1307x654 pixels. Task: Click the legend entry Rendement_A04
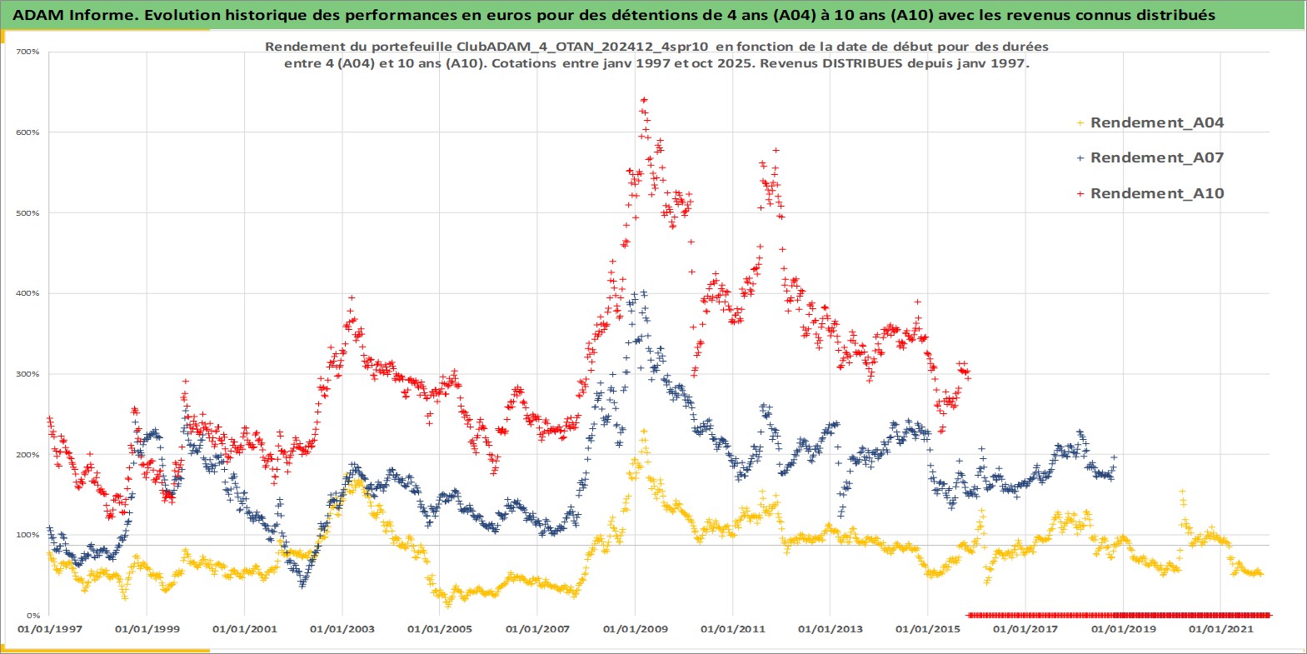pos(1156,122)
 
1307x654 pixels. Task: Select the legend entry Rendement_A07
pos(1156,157)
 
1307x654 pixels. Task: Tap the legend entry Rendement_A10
pos(1156,193)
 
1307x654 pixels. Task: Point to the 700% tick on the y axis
pos(28,52)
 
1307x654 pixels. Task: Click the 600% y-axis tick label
pos(28,132)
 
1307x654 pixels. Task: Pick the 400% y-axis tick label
pos(28,293)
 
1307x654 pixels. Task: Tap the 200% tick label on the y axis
pos(28,455)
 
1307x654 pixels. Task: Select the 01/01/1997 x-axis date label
pos(50,629)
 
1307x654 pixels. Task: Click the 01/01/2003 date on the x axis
pos(342,629)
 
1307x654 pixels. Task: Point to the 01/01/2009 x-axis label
pos(636,629)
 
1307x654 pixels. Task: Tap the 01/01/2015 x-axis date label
pos(928,629)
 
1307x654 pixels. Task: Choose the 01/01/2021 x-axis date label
pos(1220,629)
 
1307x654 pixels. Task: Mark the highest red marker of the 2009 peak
pos(643,100)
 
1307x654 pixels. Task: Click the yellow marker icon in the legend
pos(1080,123)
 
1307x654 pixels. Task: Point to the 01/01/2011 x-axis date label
pos(733,629)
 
